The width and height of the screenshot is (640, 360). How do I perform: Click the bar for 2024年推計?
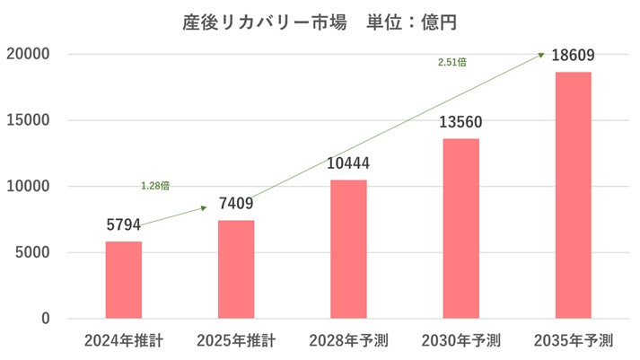pyautogui.click(x=124, y=280)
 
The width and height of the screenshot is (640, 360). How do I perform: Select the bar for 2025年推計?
pyautogui.click(x=236, y=269)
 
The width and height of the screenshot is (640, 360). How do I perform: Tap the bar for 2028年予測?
pyautogui.click(x=348, y=250)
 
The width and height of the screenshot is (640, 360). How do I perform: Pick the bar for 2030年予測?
pyautogui.click(x=460, y=229)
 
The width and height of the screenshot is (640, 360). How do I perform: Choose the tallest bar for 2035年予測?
pyautogui.click(x=573, y=196)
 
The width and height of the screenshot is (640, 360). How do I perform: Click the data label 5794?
pyautogui.click(x=124, y=224)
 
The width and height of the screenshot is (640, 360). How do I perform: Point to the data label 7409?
pyautogui.click(x=236, y=204)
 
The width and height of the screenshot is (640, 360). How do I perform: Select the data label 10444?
pyautogui.click(x=348, y=163)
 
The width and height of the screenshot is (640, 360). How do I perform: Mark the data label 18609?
pyautogui.click(x=573, y=56)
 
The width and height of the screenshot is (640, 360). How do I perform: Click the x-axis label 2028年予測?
pyautogui.click(x=348, y=342)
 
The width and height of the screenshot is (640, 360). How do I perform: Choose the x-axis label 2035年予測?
pyautogui.click(x=573, y=342)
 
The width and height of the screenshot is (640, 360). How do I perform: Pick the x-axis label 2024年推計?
pyautogui.click(x=124, y=342)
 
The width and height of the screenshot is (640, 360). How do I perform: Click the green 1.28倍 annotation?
pyautogui.click(x=155, y=186)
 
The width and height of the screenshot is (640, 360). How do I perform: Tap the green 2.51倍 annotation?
pyautogui.click(x=452, y=62)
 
